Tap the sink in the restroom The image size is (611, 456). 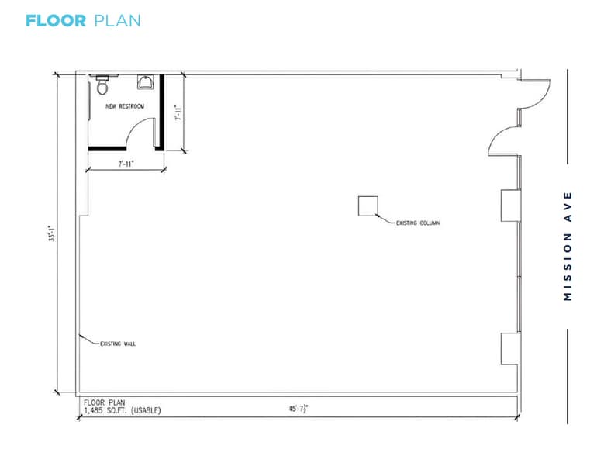coord(145,82)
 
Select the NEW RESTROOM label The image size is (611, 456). coord(125,106)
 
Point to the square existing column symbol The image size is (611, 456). coord(367,206)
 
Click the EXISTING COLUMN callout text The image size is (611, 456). coord(417,223)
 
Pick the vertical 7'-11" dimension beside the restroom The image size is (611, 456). coord(178,113)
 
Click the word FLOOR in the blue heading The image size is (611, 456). coord(55,21)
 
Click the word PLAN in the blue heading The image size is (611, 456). coord(117,21)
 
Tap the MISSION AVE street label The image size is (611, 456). coord(568,246)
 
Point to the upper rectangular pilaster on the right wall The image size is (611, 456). coord(509,205)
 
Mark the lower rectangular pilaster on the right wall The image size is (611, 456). coord(509,347)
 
